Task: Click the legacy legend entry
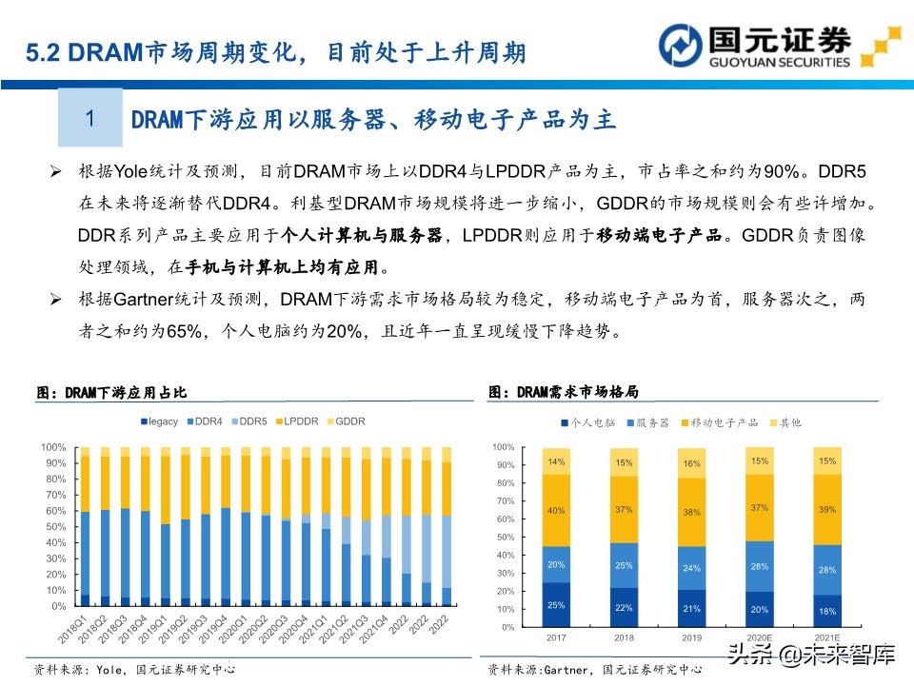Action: point(159,421)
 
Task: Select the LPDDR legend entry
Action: point(301,421)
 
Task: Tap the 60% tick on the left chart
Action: point(53,511)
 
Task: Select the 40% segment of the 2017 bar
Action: point(556,511)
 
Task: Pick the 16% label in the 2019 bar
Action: point(692,463)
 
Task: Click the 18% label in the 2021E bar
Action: point(827,611)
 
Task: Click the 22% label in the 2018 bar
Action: point(625,608)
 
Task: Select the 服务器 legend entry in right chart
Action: point(647,421)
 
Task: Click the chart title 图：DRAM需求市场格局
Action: point(563,391)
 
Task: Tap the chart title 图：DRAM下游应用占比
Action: point(111,392)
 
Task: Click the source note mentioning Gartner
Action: point(595,669)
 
